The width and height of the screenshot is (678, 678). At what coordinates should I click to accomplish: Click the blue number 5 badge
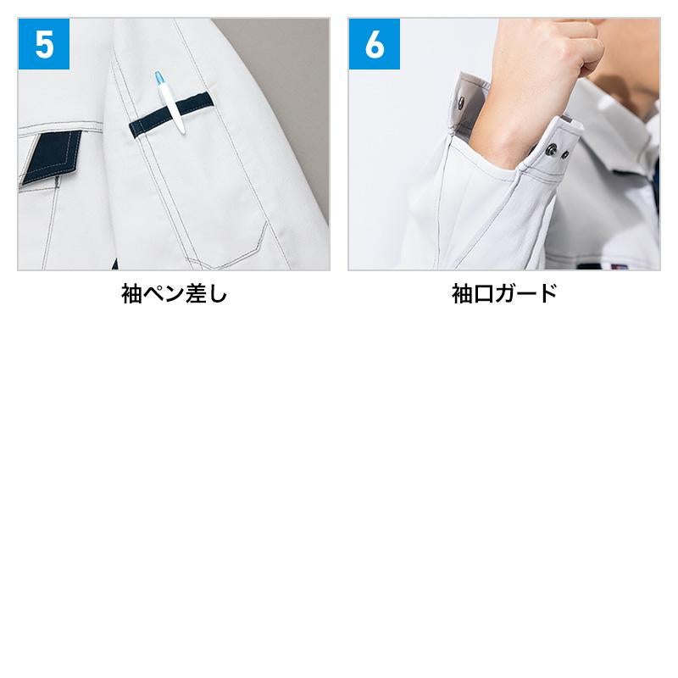point(44,44)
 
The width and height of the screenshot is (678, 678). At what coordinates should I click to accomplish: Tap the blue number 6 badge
point(375,44)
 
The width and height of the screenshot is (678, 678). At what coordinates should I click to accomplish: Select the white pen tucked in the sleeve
point(170,103)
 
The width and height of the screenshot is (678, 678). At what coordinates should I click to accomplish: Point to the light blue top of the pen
point(160,78)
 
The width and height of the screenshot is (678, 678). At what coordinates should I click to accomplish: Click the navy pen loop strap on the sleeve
point(171,114)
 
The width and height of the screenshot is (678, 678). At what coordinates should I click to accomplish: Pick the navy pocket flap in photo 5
point(51,157)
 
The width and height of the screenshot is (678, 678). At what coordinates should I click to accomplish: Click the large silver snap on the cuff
point(551,150)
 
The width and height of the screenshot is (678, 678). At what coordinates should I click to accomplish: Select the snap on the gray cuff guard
point(461,103)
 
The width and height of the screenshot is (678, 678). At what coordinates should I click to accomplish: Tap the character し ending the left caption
point(218,293)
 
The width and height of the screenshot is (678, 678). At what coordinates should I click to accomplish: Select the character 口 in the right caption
point(483,293)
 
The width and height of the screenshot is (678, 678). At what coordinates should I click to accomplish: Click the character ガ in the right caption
point(504,293)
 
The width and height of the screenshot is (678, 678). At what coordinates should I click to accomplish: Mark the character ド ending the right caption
point(547,293)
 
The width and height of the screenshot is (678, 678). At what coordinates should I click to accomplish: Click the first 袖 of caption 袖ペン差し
point(131,293)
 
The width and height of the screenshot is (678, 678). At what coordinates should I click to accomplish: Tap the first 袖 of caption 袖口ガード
point(462,293)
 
